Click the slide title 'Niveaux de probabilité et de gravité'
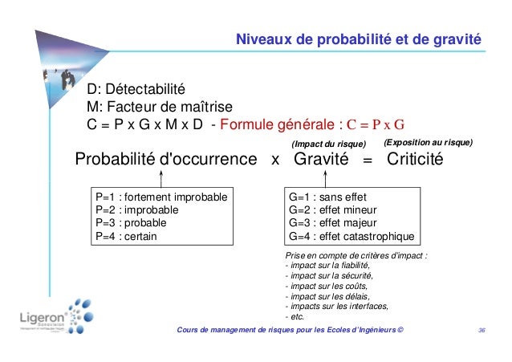click(357, 38)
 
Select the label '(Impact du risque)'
click(332, 143)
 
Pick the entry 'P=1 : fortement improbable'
click(161, 197)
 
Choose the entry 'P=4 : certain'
click(126, 237)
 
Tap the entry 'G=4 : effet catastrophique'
click(351, 237)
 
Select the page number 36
click(482, 330)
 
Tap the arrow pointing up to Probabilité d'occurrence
click(148, 178)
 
